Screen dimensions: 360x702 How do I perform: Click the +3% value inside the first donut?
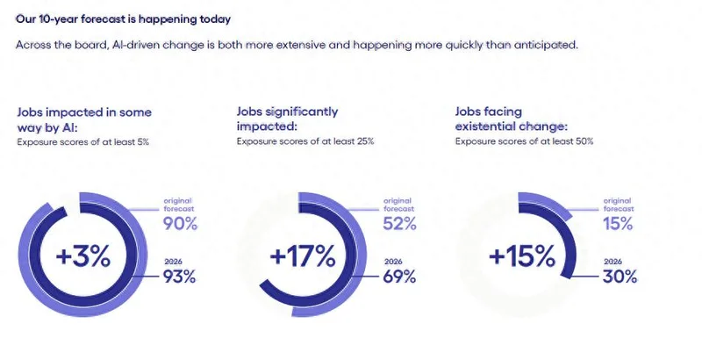pos(83,256)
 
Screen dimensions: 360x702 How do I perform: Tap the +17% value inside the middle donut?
pos(303,256)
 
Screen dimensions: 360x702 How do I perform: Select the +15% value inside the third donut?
pos(522,256)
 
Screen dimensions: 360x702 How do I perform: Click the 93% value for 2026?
pos(180,278)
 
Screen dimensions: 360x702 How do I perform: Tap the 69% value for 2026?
pos(399,278)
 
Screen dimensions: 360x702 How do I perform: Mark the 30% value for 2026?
pos(620,278)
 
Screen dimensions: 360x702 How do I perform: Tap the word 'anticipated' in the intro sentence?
pos(544,45)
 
